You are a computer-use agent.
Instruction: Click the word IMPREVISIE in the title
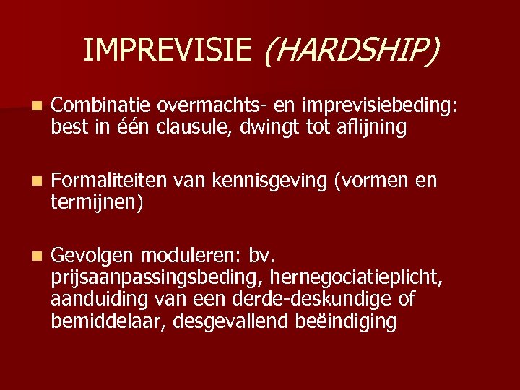click(x=168, y=49)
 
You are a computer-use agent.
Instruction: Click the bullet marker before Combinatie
click(x=27, y=106)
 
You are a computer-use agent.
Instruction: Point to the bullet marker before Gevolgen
click(x=27, y=256)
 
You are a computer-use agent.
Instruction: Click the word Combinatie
click(x=101, y=105)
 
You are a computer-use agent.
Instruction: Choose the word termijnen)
click(x=97, y=202)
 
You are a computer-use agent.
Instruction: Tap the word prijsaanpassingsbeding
click(x=156, y=277)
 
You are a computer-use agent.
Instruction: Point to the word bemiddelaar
click(x=109, y=320)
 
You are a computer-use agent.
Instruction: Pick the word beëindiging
click(x=346, y=320)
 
